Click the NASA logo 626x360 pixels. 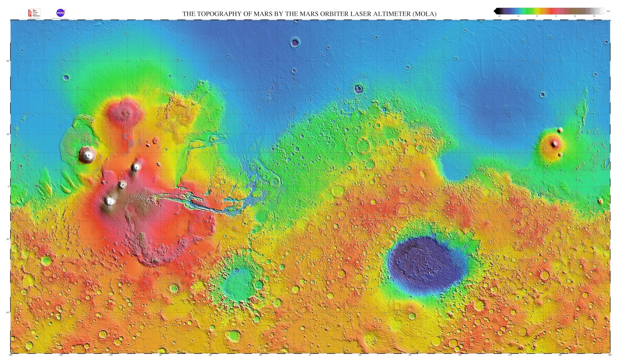click(x=60, y=13)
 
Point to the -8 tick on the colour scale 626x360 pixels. click(x=499, y=16)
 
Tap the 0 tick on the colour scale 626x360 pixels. click(x=537, y=16)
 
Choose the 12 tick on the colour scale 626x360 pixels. click(x=594, y=16)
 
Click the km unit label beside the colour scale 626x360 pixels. click(x=608, y=11)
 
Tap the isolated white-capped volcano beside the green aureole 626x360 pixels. click(x=87, y=155)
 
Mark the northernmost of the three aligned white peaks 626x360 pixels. click(x=136, y=167)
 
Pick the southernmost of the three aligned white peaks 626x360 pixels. click(x=110, y=201)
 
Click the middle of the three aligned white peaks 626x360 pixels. click(x=122, y=185)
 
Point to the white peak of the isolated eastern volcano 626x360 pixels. click(x=554, y=144)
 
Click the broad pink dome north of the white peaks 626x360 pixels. click(x=126, y=112)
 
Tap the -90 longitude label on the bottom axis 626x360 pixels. click(x=160, y=355)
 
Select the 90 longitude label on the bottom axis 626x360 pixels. click(x=460, y=355)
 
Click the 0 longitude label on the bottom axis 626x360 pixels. click(x=310, y=355)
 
